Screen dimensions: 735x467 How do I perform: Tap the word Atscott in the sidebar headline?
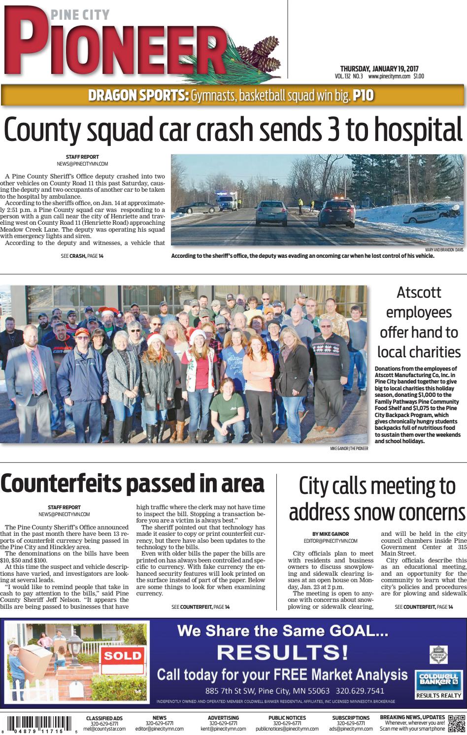(418, 292)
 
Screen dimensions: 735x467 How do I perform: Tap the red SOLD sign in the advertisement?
(123, 655)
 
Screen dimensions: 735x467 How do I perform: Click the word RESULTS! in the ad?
(283, 653)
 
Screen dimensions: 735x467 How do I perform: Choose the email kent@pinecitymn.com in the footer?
(223, 729)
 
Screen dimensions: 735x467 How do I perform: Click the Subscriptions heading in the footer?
(351, 717)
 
